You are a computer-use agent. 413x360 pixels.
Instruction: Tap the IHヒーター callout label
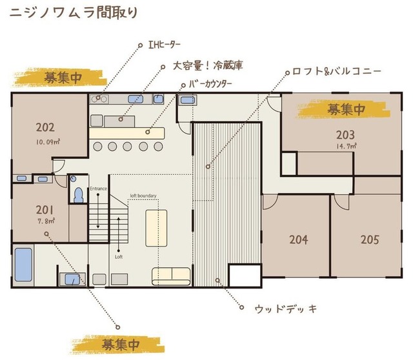(x=165, y=45)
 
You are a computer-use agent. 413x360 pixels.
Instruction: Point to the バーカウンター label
(x=210, y=84)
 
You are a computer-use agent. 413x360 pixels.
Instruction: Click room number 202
(x=45, y=127)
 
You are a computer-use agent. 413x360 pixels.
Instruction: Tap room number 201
(x=45, y=210)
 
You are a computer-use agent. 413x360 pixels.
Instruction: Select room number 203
(x=346, y=135)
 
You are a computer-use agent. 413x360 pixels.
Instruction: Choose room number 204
(x=298, y=239)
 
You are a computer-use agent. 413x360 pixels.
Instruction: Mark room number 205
(x=370, y=239)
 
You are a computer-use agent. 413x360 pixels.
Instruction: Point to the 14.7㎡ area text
(x=347, y=146)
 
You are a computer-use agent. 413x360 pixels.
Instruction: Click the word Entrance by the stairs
(x=98, y=188)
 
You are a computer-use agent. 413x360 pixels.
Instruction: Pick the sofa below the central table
(x=172, y=275)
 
